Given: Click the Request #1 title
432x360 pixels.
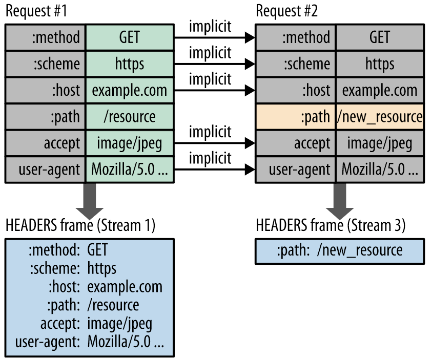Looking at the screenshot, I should pos(36,11).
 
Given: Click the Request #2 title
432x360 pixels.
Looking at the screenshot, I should pos(286,11).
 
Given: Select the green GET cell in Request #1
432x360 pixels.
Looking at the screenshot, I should pos(130,37).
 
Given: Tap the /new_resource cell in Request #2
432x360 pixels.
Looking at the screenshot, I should pos(380,116).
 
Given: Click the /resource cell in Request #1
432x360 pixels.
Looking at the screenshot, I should pos(130,116).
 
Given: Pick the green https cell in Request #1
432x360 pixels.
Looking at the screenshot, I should pos(130,63).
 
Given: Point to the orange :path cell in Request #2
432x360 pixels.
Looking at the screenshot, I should pos(296,116).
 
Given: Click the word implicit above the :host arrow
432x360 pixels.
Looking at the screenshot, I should pos(210,79).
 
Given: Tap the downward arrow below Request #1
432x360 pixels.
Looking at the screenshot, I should pos(90,199).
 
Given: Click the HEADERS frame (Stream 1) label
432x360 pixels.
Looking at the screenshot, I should pos(80,225).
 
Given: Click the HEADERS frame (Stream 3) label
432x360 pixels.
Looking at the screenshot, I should pos(331,225).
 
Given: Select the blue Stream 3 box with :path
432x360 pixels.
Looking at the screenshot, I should pos(339,250).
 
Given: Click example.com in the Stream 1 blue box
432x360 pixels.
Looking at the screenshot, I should pos(125,287).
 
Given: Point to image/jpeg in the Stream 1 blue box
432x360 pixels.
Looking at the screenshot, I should pos(119,324).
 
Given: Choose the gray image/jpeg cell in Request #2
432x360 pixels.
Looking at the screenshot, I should pos(380,143).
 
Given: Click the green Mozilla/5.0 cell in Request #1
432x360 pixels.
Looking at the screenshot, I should pos(130,168).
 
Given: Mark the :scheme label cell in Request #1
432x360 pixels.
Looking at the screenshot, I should pos(46,63).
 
